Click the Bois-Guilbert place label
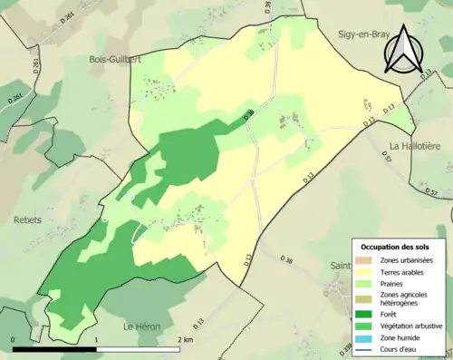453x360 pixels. pyautogui.click(x=114, y=59)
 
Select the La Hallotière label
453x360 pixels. pyautogui.click(x=413, y=145)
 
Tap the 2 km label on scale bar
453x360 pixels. pyautogui.click(x=185, y=339)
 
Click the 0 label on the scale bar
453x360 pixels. pyautogui.click(x=14, y=339)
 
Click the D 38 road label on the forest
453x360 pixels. pyautogui.click(x=249, y=115)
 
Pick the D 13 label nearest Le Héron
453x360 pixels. pyautogui.click(x=196, y=321)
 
